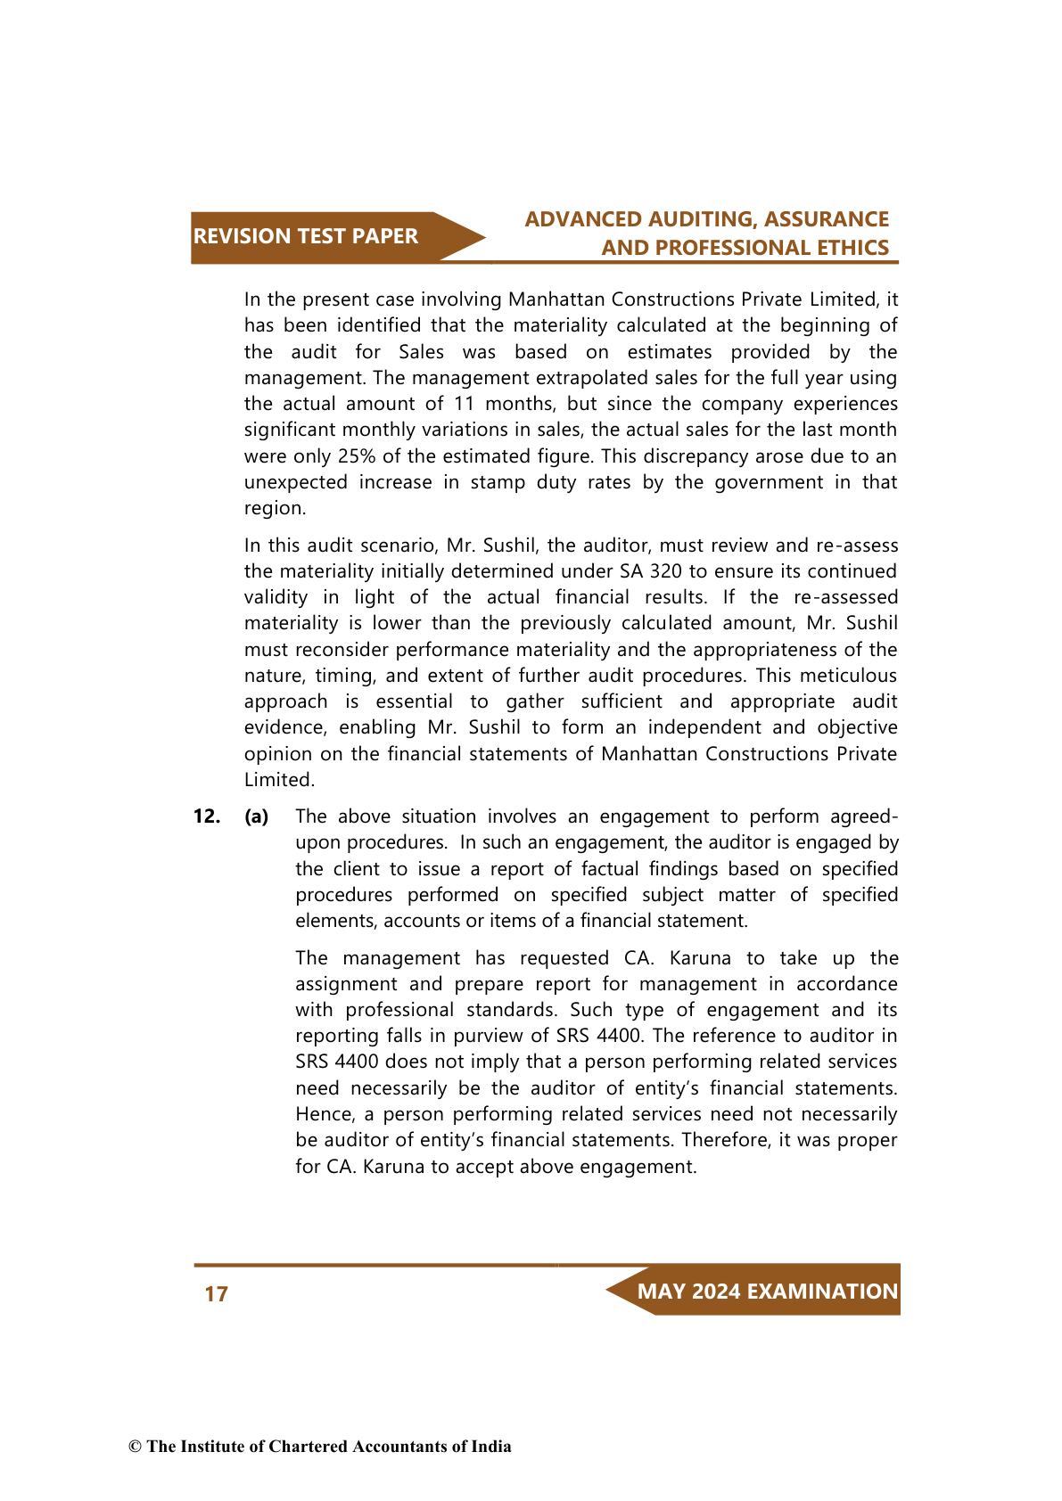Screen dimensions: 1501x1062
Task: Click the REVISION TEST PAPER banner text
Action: (305, 236)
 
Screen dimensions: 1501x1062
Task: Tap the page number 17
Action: (217, 1293)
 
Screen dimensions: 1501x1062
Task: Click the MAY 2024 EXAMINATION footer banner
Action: (767, 1292)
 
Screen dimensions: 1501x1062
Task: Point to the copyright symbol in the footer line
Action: (135, 1447)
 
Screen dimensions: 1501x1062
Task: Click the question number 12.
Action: (206, 816)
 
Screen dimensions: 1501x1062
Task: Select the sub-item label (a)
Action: (257, 816)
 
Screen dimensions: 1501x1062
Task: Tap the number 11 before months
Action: (463, 404)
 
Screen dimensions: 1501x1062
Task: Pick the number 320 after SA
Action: (665, 571)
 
